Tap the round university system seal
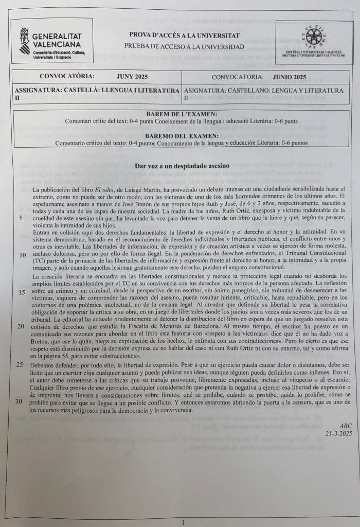tap(314, 36)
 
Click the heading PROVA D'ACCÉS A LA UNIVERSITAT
tap(184, 35)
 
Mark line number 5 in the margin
tap(21, 218)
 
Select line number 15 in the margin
tap(21, 292)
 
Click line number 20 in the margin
tap(21, 326)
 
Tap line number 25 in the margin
tap(21, 364)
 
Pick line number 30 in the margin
tap(21, 401)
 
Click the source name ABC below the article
tap(346, 426)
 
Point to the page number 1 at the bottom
tap(183, 522)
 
